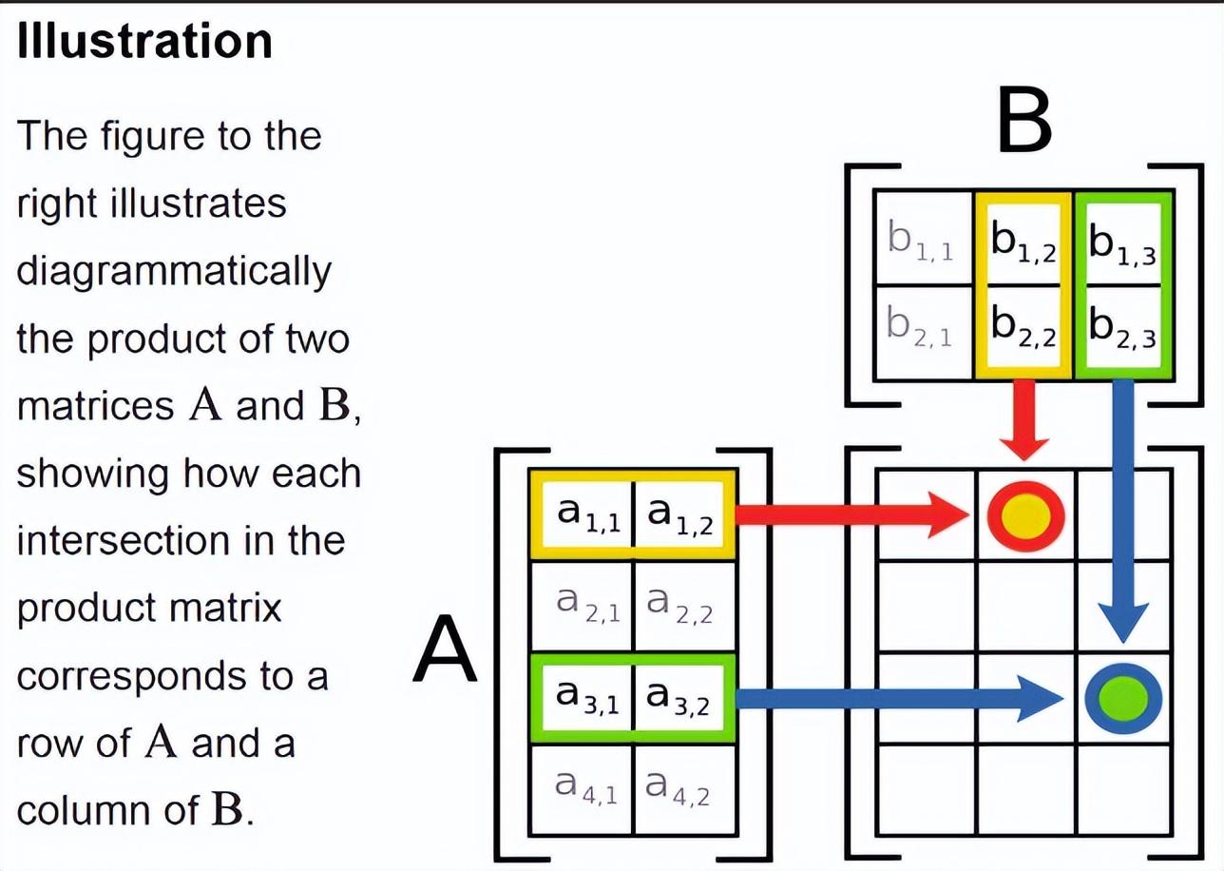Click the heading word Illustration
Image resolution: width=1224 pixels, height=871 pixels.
[144, 41]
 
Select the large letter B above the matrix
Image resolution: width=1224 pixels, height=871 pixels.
[1024, 122]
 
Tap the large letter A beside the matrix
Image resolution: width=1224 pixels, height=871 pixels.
[445, 649]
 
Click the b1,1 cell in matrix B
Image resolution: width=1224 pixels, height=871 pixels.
[924, 238]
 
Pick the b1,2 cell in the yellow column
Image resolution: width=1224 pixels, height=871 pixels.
[1023, 239]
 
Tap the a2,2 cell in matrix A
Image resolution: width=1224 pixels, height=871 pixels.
[685, 606]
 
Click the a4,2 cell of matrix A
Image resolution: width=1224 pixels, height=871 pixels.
[685, 789]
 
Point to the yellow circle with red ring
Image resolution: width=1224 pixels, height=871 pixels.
[1025, 515]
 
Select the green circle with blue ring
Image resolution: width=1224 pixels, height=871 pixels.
[1123, 698]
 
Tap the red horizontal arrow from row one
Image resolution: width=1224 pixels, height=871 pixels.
[852, 515]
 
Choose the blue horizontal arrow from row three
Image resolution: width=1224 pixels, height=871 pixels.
[899, 698]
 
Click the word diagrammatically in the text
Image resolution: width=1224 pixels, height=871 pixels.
[174, 272]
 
